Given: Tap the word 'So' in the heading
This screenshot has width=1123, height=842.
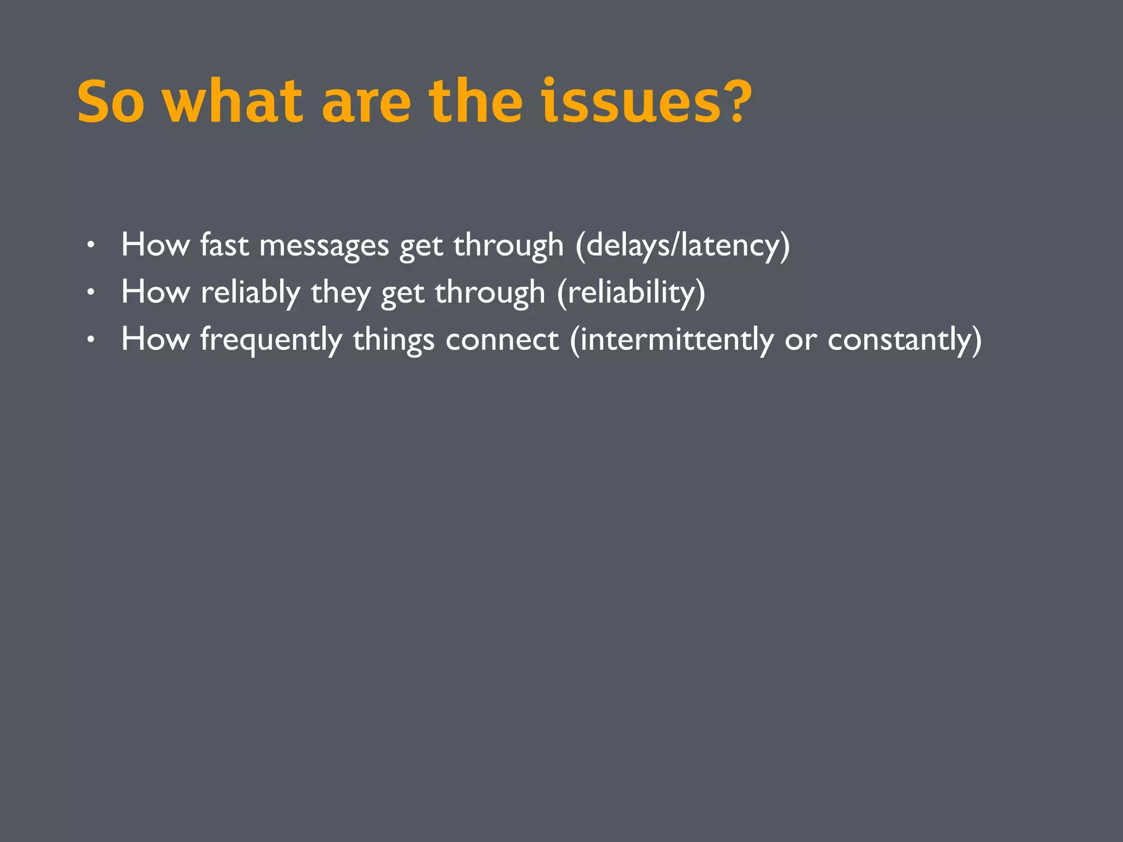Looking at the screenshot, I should (111, 102).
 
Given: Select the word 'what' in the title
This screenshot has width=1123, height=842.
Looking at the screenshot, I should (232, 102).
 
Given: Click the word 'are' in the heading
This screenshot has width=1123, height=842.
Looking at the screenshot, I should (366, 102).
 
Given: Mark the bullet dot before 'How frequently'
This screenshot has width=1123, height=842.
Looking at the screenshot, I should (91, 340).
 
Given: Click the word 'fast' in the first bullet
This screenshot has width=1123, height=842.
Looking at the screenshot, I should (224, 244).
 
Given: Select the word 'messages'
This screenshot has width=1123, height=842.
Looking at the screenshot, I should (324, 246).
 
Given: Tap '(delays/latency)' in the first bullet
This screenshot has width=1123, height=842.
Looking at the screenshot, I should (683, 244).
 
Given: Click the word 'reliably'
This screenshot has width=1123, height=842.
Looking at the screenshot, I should (250, 292).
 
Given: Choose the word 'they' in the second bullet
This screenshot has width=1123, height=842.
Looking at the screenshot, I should (341, 292).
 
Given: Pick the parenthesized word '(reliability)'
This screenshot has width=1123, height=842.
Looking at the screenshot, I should (631, 292).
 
